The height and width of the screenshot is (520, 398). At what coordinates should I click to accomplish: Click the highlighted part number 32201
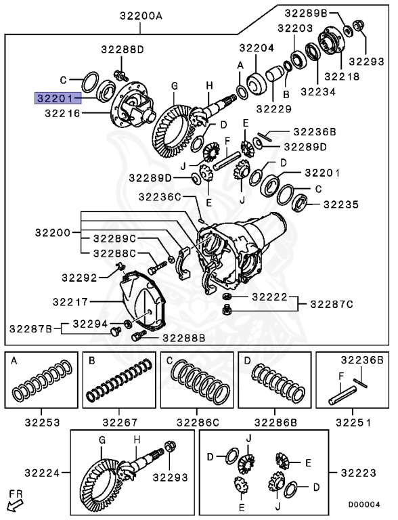55,98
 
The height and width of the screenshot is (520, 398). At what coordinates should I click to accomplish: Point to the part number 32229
273,108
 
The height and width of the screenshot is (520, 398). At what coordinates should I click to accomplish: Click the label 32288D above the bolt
123,49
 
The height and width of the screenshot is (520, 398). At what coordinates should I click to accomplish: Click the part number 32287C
332,304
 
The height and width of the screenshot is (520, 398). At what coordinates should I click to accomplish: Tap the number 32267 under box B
119,422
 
